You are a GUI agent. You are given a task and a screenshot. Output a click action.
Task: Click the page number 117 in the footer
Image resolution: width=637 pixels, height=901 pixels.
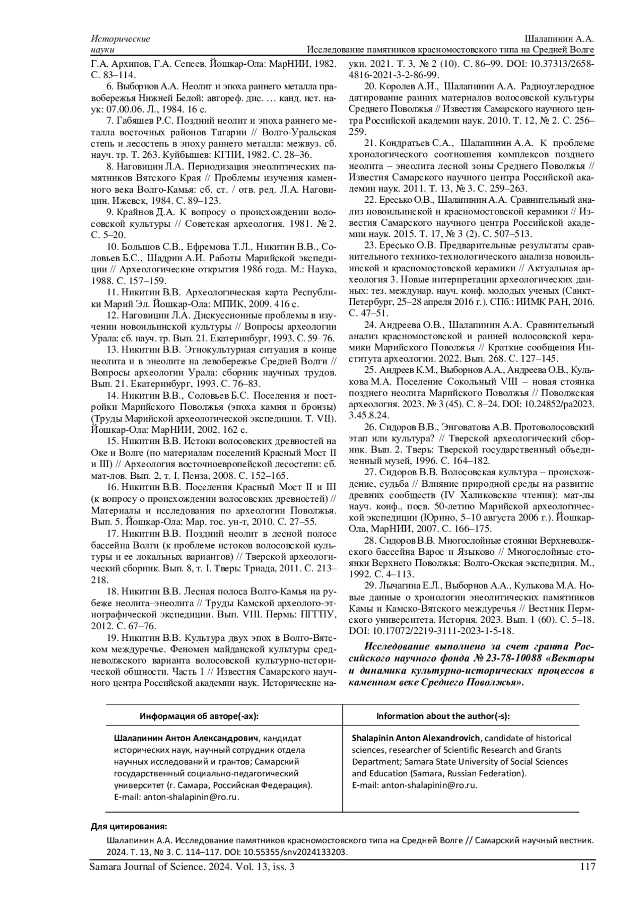coord(587,867)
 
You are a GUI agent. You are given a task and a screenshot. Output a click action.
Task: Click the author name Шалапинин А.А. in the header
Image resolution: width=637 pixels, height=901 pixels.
coord(559,39)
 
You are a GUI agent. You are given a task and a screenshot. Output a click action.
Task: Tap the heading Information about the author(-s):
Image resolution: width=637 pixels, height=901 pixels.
coord(443,716)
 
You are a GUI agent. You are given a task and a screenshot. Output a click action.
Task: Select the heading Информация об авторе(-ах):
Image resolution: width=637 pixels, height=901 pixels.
coord(199,716)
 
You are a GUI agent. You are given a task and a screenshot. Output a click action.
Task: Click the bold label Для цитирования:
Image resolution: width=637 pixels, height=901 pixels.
coord(129,827)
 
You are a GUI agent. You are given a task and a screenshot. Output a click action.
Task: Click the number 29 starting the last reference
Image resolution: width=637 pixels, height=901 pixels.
coord(369,586)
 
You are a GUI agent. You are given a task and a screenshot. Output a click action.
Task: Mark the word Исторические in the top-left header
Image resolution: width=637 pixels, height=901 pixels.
coord(120,39)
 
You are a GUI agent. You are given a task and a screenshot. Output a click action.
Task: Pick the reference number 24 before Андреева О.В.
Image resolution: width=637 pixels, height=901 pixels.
coord(369,324)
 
